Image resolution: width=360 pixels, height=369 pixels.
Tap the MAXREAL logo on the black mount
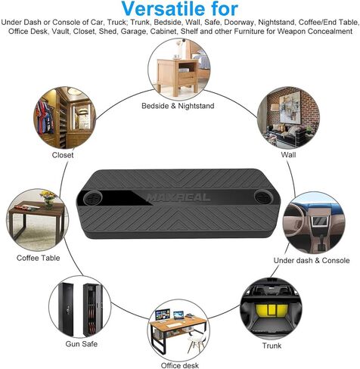pos(178,197)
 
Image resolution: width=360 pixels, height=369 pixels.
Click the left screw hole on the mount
pos(93,197)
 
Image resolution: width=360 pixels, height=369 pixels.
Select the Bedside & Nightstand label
pos(178,106)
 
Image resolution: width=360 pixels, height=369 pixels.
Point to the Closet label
pos(63,155)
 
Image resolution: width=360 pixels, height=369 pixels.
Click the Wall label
pos(288,154)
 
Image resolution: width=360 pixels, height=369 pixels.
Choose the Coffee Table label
pos(39,258)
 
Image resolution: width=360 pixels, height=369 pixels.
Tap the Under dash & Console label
pos(312,260)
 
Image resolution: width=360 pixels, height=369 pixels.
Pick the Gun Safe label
pos(82,344)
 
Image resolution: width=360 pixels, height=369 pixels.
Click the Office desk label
pos(180,365)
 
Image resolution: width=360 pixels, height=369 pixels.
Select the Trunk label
pos(272,346)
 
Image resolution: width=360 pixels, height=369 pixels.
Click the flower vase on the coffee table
pos(48,199)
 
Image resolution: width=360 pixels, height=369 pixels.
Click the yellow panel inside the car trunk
pos(272,310)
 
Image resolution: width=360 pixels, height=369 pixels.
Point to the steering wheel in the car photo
pos(294,219)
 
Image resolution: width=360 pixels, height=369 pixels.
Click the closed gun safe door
pos(66,309)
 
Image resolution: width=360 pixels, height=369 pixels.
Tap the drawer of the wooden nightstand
pos(187,78)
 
